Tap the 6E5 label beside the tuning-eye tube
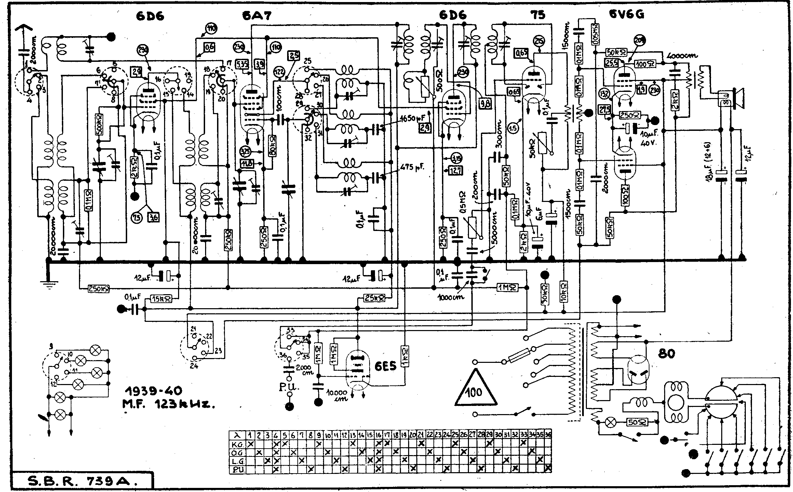[x=385, y=366]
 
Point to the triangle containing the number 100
[x=475, y=389]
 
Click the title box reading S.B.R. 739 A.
[x=82, y=482]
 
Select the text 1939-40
[x=153, y=391]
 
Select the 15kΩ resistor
[x=165, y=299]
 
